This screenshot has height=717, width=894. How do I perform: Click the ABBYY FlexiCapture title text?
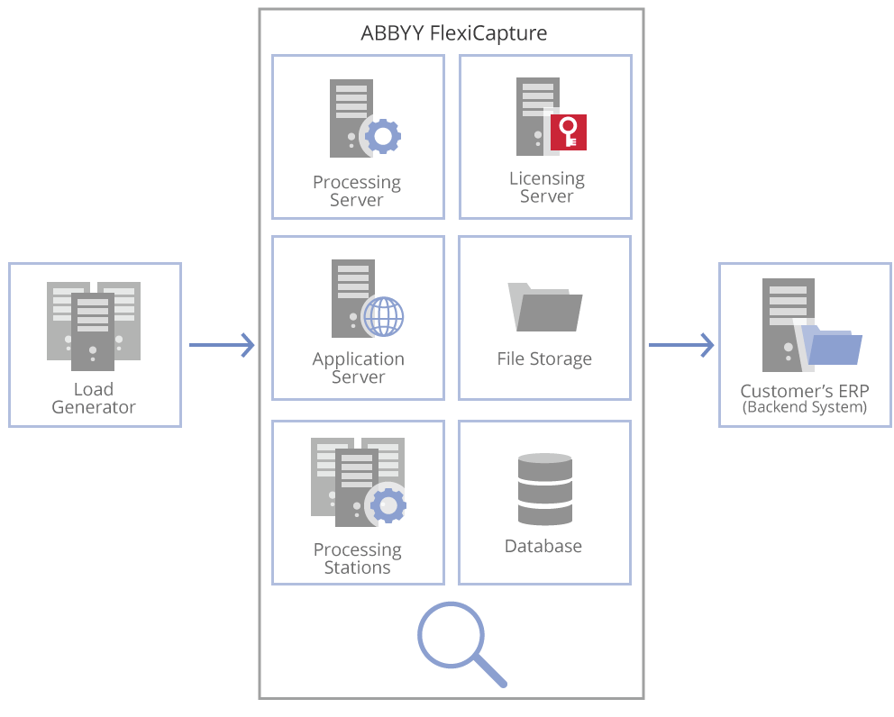coord(453,34)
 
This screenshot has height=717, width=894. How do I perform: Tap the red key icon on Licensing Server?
coord(568,132)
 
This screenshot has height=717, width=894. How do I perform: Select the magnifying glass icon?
coord(460,641)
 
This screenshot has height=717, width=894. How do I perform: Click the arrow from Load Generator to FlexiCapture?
coord(222,344)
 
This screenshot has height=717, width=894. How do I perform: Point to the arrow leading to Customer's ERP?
coord(681,344)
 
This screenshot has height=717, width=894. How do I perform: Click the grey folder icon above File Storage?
coord(545,308)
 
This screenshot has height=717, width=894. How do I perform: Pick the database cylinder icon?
coord(545,489)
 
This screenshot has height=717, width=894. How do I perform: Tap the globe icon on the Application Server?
coord(382,316)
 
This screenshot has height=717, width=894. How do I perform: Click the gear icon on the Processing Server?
coord(383,137)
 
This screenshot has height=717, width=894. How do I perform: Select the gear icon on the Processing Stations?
coord(388,505)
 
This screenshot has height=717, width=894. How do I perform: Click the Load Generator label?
coord(94,398)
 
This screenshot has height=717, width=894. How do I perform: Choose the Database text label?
coord(543,547)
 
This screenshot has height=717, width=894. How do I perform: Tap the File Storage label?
coord(544,358)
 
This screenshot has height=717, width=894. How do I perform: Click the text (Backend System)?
coord(805,407)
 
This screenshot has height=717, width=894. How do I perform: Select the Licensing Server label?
coord(546,187)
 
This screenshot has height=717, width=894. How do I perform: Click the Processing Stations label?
coord(358,558)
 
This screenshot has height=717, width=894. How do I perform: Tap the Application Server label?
coord(358,368)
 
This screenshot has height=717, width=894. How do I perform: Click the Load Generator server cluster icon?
coord(94,324)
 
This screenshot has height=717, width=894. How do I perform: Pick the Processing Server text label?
coord(357,191)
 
